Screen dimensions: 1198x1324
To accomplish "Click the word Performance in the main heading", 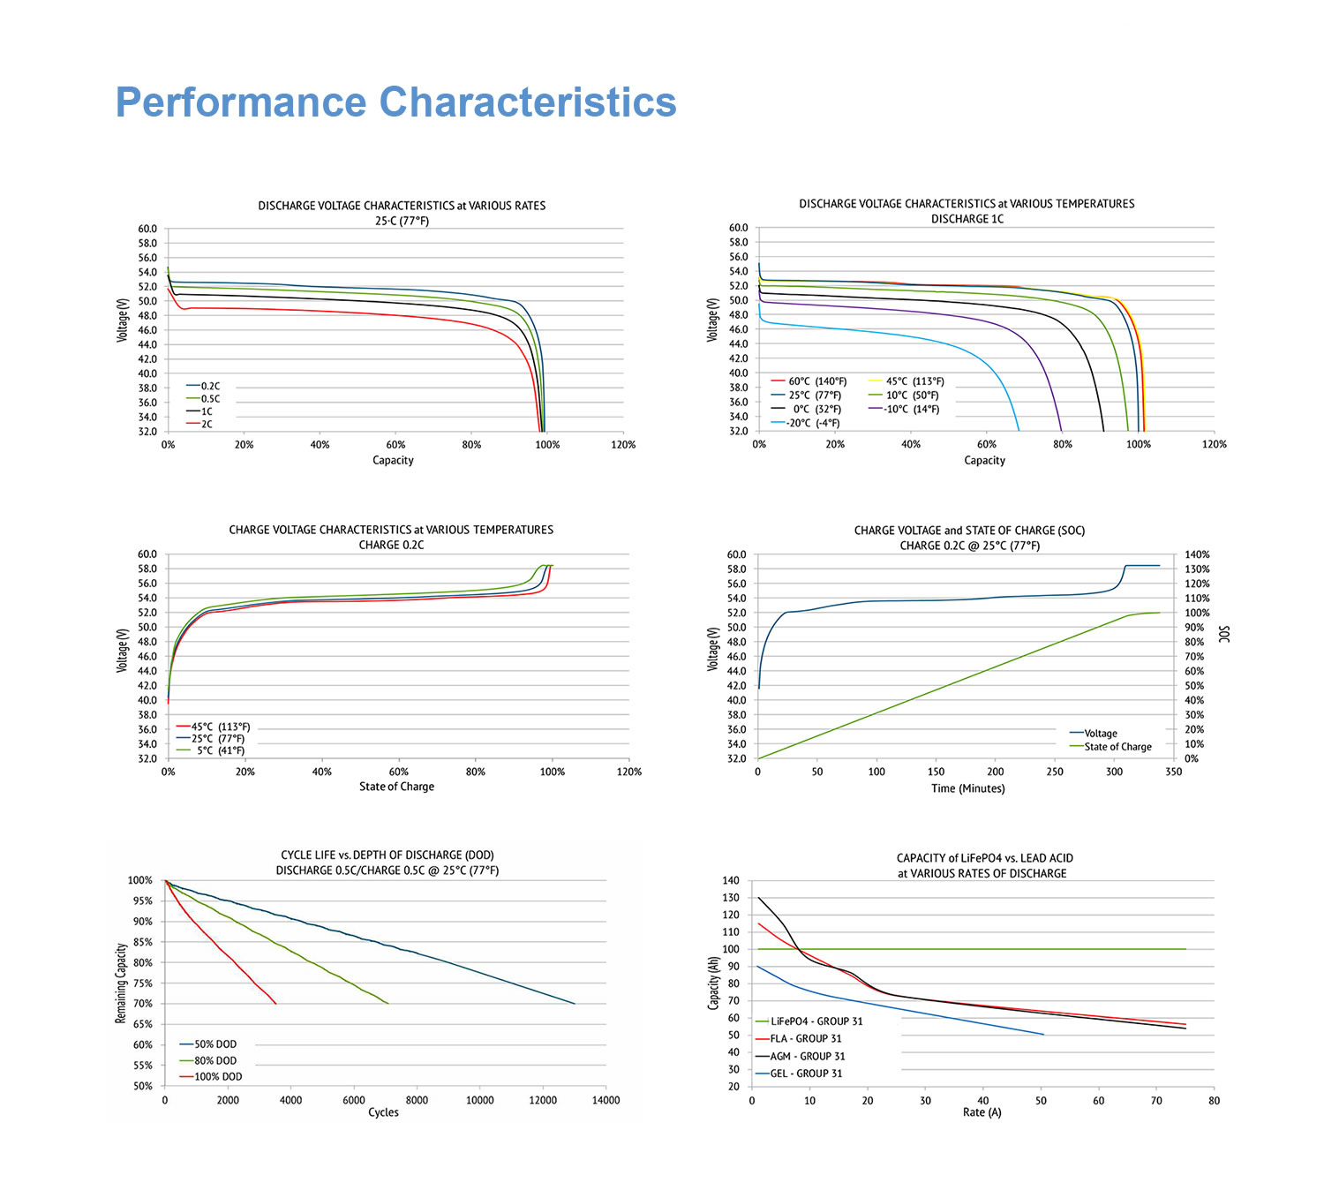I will point(240,102).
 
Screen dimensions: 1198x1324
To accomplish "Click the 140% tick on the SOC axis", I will point(1197,554).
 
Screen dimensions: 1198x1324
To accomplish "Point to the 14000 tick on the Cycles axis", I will point(606,1100).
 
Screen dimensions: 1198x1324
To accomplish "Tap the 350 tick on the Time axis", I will point(1173,772).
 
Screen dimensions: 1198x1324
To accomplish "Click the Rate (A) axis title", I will point(982,1112).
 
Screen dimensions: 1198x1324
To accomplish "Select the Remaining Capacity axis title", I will point(121,983).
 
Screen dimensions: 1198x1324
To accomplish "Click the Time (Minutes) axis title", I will point(967,788).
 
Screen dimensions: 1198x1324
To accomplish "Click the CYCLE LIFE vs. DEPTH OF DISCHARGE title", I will point(387,855).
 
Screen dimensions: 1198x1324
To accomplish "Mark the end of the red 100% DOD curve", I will point(276,1004).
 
